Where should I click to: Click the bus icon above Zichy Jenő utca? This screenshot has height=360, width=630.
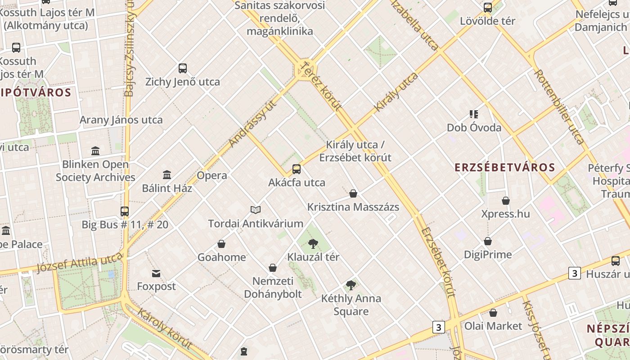coord(182,68)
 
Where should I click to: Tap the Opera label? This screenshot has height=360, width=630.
coord(212,175)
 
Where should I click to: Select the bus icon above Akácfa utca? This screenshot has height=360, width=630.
coord(296,169)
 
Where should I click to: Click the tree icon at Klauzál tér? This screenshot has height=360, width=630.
coord(313,244)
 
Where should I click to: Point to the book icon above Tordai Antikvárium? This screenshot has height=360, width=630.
coord(256,210)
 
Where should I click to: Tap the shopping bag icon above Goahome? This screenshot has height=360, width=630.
coord(221,244)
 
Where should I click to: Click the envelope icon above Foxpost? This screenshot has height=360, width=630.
coord(156,273)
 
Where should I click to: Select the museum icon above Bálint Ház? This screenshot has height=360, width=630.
coord(167,175)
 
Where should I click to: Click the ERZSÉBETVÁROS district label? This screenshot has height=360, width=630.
coord(504,167)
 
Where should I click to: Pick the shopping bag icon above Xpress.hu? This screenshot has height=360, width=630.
coord(506,200)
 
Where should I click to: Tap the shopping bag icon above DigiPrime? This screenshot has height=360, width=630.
coord(488,241)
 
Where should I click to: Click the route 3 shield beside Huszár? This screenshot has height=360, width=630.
coord(574,273)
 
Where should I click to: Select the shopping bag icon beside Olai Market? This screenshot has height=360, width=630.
coord(493,313)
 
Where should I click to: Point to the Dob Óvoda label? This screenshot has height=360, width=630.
coord(474,128)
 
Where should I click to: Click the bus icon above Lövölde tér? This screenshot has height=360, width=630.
coord(488,8)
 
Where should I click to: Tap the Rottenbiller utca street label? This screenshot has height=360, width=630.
coord(559,107)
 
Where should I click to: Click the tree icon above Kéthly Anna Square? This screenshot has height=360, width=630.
coord(351,285)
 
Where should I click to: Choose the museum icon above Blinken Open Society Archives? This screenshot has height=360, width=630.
coord(95,151)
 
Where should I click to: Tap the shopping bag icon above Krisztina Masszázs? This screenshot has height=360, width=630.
coord(353,193)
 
